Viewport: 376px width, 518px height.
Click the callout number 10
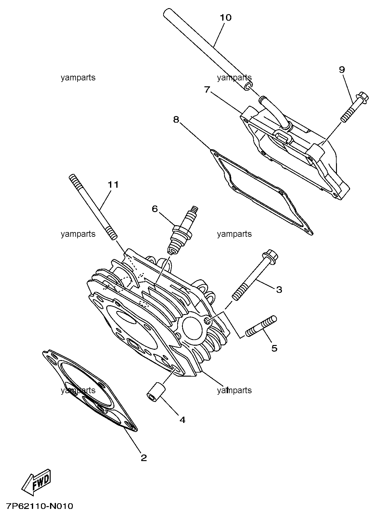click(x=225, y=17)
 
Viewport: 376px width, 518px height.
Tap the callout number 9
click(x=342, y=70)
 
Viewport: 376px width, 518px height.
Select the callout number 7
click(x=207, y=89)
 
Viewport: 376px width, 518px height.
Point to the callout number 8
click(x=176, y=119)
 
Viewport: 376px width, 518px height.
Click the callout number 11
click(x=113, y=185)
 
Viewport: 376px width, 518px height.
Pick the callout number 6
click(x=155, y=209)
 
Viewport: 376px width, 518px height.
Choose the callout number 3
click(x=279, y=289)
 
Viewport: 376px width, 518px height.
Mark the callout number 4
click(x=182, y=420)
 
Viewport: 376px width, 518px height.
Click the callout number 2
click(x=144, y=458)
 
